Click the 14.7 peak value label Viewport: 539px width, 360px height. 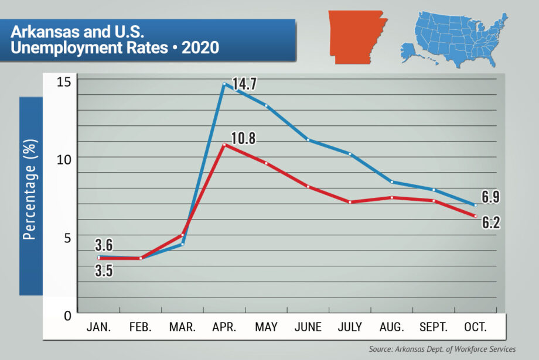244,84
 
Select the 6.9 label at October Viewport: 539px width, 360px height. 490,197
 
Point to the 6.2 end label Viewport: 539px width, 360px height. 490,222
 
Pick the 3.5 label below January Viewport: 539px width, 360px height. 104,271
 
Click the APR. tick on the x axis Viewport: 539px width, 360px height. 224,327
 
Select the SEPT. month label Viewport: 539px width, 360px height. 434,327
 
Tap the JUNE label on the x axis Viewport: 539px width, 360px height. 308,327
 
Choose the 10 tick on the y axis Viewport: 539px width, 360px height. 64,159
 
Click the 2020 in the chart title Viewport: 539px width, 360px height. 200,47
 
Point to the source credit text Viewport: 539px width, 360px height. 442,349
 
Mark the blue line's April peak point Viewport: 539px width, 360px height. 224,84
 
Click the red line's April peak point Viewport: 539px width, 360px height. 224,145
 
